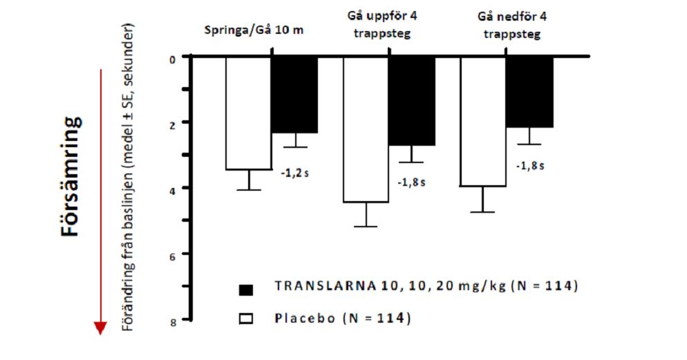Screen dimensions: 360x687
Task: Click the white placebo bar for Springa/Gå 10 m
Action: click(x=248, y=113)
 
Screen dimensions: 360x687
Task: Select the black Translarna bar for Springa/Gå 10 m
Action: click(x=294, y=95)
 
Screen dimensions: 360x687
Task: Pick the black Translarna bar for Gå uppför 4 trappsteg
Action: click(x=411, y=101)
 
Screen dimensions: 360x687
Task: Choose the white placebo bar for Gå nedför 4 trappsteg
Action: click(x=483, y=122)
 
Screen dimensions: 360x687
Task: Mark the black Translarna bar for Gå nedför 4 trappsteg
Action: click(x=529, y=92)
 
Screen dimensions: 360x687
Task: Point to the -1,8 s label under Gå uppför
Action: click(x=411, y=182)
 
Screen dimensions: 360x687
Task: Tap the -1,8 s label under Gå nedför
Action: click(x=530, y=166)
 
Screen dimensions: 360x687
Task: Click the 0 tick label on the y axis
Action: click(x=173, y=58)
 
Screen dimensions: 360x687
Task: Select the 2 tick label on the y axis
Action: click(x=173, y=123)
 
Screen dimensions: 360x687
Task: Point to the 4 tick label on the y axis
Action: click(x=173, y=188)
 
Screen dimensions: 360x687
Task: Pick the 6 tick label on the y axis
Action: click(x=173, y=254)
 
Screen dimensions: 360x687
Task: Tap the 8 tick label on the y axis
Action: click(x=173, y=320)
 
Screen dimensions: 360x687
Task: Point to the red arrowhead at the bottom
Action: click(x=101, y=328)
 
